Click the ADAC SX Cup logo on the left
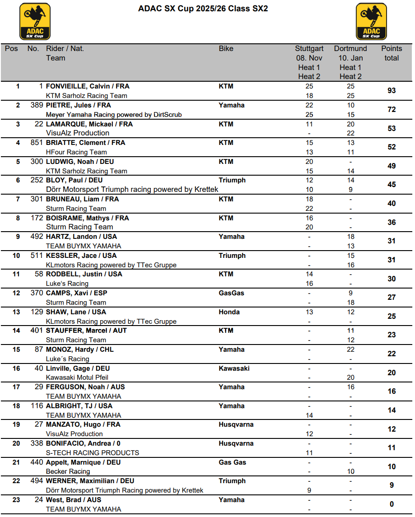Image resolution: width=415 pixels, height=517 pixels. (x=35, y=21)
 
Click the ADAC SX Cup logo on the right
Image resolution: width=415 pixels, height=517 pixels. (x=371, y=21)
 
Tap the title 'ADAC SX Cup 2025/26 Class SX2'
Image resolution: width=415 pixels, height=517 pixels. (x=203, y=9)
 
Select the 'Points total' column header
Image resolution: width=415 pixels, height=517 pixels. (x=391, y=53)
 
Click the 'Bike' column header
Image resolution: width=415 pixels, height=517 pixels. (x=226, y=48)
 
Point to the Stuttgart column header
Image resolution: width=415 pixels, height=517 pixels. (x=309, y=48)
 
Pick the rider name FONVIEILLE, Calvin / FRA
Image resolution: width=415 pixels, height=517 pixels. (x=88, y=86)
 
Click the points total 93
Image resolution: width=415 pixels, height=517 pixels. (x=392, y=91)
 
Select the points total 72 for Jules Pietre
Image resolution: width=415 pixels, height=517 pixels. (x=392, y=110)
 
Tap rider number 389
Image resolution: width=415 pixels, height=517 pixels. (x=37, y=105)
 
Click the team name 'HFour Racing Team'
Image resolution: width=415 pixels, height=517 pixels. (x=76, y=152)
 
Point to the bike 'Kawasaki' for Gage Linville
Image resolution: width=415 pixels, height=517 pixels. (x=234, y=368)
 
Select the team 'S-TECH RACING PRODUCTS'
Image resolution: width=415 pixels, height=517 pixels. (x=93, y=452)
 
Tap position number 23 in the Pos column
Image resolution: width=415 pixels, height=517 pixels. (x=16, y=500)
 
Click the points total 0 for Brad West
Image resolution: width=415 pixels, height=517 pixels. (x=392, y=504)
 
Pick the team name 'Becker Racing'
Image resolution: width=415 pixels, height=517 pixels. (x=68, y=471)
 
